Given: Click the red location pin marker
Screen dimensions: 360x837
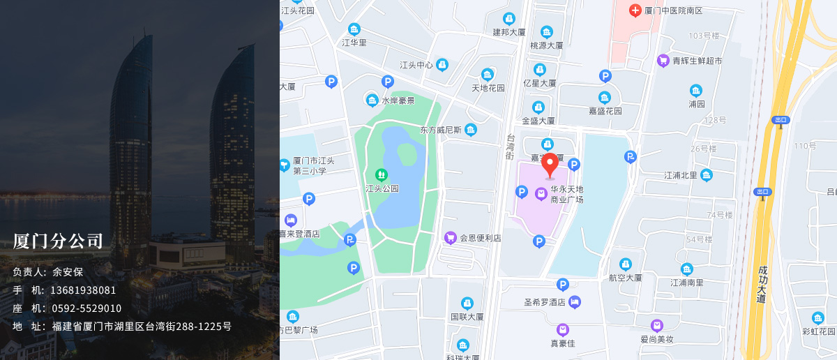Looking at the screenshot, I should pyautogui.click(x=550, y=165).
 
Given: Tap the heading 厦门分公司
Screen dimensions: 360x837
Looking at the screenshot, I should pyautogui.click(x=58, y=241).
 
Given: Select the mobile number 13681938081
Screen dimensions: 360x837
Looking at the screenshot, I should pyautogui.click(x=83, y=290).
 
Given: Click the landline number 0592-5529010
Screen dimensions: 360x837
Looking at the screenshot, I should pyautogui.click(x=86, y=308).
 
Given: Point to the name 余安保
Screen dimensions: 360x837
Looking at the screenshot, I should pyautogui.click(x=68, y=272).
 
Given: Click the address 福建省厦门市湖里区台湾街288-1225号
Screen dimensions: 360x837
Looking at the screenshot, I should pyautogui.click(x=142, y=327).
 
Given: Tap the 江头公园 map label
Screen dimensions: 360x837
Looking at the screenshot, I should pyautogui.click(x=382, y=188).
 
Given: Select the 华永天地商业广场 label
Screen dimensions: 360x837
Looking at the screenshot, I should pyautogui.click(x=566, y=194).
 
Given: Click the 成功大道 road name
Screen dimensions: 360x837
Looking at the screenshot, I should pyautogui.click(x=761, y=283).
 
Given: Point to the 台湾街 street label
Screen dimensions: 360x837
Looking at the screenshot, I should pyautogui.click(x=510, y=147).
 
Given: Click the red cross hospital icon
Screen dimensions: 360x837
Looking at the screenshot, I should pyautogui.click(x=635, y=10).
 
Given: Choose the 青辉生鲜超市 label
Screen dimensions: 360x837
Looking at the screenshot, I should pyautogui.click(x=697, y=61).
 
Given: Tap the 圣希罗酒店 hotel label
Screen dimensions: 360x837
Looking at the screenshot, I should pyautogui.click(x=544, y=302).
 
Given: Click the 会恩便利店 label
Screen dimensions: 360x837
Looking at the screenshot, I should pyautogui.click(x=480, y=238).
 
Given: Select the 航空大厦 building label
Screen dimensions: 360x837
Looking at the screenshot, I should pyautogui.click(x=625, y=277).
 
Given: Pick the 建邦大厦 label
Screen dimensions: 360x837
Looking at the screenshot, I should pyautogui.click(x=509, y=32).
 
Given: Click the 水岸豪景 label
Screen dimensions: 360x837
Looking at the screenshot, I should pyautogui.click(x=398, y=100).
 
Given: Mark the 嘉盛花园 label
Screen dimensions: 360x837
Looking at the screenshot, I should pyautogui.click(x=605, y=110).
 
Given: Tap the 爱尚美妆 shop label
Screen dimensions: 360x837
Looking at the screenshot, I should pyautogui.click(x=656, y=339).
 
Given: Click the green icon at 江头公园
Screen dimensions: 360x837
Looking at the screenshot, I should pyautogui.click(x=381, y=174).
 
